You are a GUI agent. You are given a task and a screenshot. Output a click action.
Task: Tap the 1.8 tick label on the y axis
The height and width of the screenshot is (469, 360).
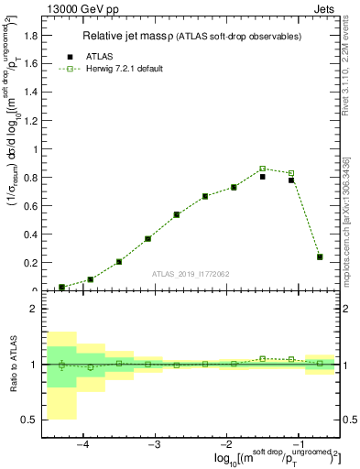(29, 36)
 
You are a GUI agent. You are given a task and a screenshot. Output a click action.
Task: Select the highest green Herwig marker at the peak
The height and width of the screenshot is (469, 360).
(262, 169)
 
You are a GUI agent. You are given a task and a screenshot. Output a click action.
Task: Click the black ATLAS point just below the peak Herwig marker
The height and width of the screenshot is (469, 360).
(262, 177)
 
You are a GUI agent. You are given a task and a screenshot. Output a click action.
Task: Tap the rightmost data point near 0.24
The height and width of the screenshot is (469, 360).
(320, 257)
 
